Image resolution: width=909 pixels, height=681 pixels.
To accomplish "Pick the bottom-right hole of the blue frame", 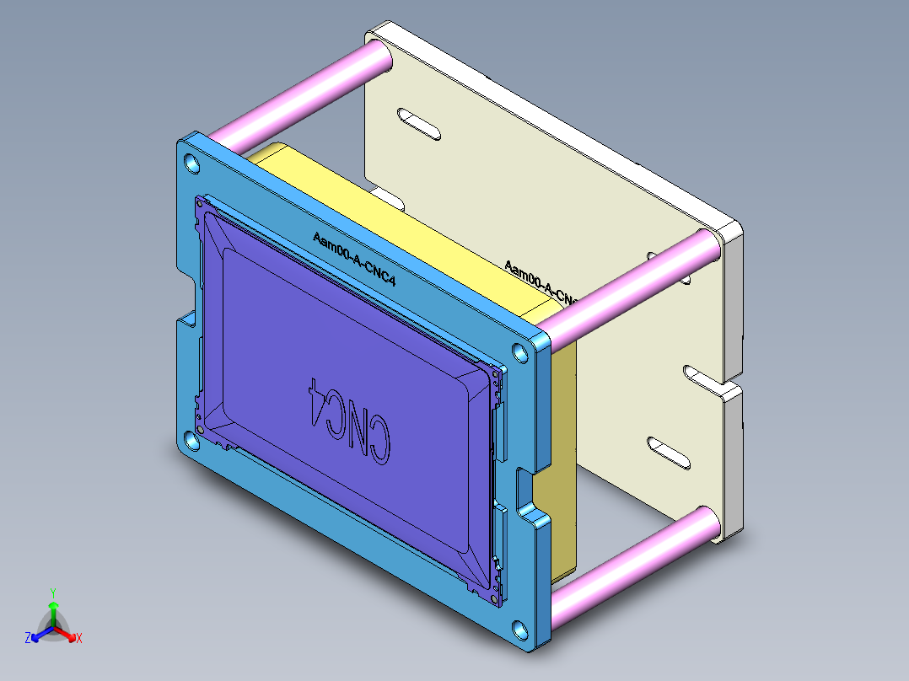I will tap(520, 629).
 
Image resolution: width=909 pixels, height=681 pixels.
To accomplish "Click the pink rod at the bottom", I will tap(632, 553).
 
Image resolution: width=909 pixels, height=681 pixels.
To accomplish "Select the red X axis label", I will tap(78, 639).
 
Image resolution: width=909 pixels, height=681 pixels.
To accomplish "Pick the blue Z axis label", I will tap(28, 639).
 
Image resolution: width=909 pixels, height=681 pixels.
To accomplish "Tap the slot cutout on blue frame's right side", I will tap(524, 488).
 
